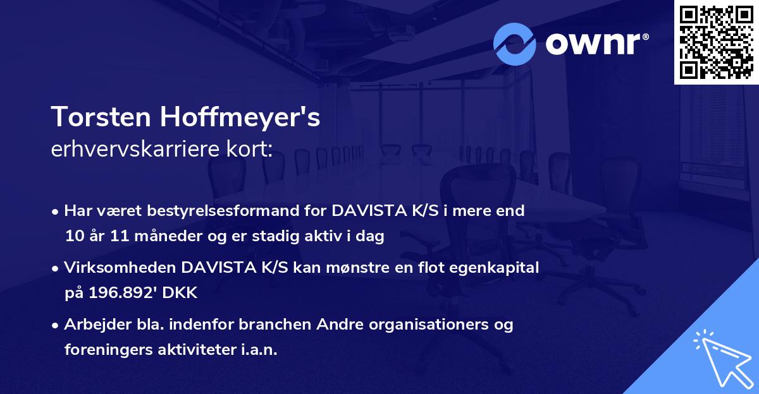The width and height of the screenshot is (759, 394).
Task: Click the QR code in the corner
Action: pos(715,42)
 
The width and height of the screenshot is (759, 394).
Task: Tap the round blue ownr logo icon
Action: pos(514,44)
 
